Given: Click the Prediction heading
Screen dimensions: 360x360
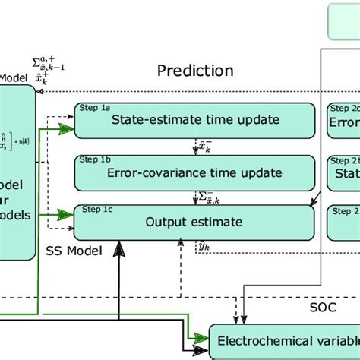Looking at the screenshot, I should click(x=194, y=71).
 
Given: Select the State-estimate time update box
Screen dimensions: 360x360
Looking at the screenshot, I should click(x=194, y=119).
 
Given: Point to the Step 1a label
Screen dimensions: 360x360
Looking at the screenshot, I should click(x=95, y=107).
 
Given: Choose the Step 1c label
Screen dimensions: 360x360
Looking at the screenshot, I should click(x=95, y=209).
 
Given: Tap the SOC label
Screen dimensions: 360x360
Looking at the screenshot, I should click(x=324, y=309).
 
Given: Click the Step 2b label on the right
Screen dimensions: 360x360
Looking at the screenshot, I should click(x=343, y=160).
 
